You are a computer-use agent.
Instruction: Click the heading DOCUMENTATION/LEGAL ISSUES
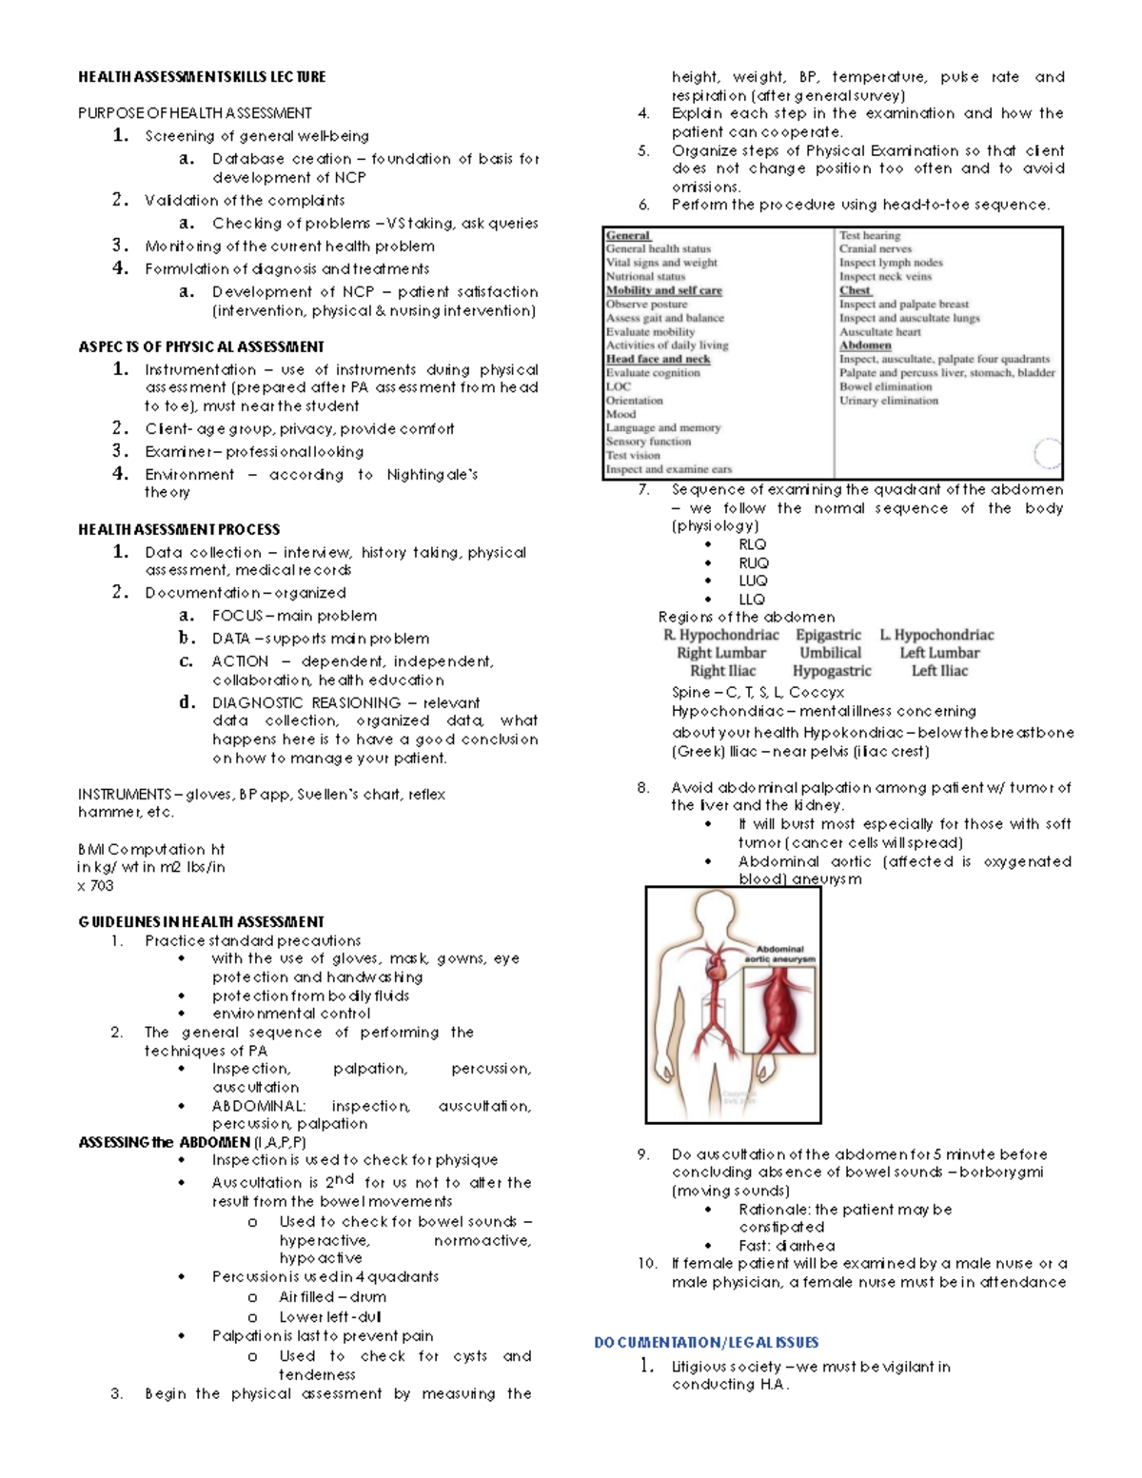click(706, 1343)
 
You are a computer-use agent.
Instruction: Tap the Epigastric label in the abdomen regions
click(828, 635)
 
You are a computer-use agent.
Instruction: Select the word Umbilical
click(830, 653)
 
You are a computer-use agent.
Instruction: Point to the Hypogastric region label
click(832, 671)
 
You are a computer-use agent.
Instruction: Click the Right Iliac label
click(722, 671)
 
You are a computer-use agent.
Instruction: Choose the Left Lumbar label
click(939, 653)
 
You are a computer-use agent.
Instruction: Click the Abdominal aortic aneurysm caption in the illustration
click(780, 954)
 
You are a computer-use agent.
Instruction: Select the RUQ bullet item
click(753, 563)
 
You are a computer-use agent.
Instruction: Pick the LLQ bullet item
click(752, 600)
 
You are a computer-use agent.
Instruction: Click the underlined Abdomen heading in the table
click(865, 345)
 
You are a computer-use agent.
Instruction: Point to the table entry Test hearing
click(869, 235)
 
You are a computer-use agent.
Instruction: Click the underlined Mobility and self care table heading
click(663, 290)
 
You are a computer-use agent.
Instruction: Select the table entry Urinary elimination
click(888, 401)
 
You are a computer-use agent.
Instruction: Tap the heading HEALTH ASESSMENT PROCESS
click(179, 529)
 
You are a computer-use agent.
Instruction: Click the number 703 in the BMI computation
click(102, 886)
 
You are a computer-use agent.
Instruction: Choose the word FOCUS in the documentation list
click(237, 616)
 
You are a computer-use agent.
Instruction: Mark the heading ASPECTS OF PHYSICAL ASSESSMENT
click(201, 346)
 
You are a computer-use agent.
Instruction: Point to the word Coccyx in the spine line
click(816, 693)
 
